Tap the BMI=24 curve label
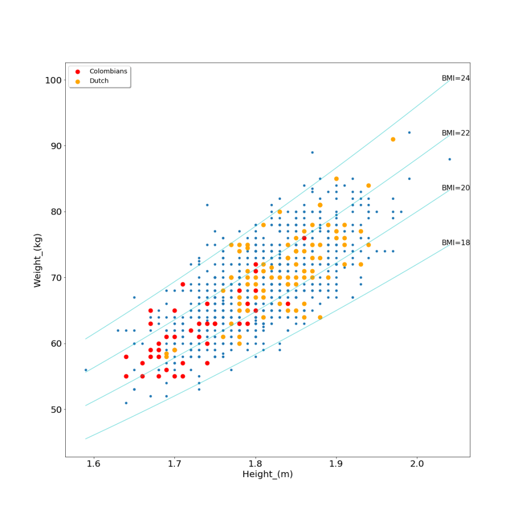point(456,79)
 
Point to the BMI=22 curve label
point(456,133)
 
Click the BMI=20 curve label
point(456,188)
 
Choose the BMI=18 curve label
point(456,243)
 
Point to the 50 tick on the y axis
point(55,409)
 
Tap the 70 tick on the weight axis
point(55,278)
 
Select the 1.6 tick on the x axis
point(94,464)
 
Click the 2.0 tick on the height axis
point(417,464)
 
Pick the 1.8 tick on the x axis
point(255,464)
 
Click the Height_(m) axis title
point(267,475)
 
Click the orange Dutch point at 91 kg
point(393,139)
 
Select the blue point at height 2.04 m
point(450,159)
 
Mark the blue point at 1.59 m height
point(86,370)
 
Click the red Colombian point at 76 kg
point(304,238)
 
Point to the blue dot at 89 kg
point(312,152)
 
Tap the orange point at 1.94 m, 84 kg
point(369,186)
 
